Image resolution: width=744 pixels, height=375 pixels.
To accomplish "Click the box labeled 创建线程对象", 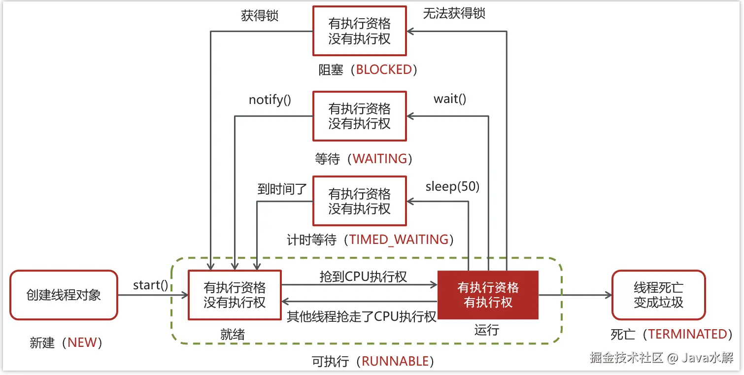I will pyautogui.click(x=64, y=295).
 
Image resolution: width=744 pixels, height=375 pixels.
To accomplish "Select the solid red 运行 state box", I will pyautogui.click(x=488, y=295).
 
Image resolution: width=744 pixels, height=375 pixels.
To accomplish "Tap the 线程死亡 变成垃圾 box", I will pyautogui.click(x=658, y=295).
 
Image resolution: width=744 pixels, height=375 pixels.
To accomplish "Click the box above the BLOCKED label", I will pyautogui.click(x=359, y=31).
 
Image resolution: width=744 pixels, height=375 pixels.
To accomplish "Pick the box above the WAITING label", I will pyautogui.click(x=359, y=116).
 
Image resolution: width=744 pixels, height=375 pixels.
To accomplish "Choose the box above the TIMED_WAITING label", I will pyautogui.click(x=359, y=201).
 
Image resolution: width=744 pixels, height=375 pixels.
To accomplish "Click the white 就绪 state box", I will pyautogui.click(x=235, y=295).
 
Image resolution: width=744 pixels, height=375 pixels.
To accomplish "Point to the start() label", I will pyautogui.click(x=150, y=285).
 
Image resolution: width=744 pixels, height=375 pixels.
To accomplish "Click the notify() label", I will pyautogui.click(x=270, y=100).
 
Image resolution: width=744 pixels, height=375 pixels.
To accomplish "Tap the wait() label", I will pyautogui.click(x=450, y=99).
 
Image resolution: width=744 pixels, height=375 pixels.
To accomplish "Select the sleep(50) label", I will pyautogui.click(x=452, y=186).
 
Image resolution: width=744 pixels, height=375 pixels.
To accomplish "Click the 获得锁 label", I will pyautogui.click(x=260, y=15).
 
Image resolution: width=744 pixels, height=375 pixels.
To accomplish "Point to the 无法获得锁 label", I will pyautogui.click(x=454, y=13).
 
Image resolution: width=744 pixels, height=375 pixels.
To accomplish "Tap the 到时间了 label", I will pyautogui.click(x=282, y=189).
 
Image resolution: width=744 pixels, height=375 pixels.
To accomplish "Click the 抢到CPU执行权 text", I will pyautogui.click(x=363, y=276).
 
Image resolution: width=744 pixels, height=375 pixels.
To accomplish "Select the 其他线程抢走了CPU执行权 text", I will pyautogui.click(x=362, y=316).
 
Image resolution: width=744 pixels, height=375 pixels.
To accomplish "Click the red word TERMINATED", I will pyautogui.click(x=687, y=334).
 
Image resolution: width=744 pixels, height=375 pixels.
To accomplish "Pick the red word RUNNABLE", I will pyautogui.click(x=395, y=361).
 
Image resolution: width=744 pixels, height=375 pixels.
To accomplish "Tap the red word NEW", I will pyautogui.click(x=82, y=342).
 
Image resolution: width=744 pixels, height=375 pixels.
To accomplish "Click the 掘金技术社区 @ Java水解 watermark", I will pyautogui.click(x=661, y=358).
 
